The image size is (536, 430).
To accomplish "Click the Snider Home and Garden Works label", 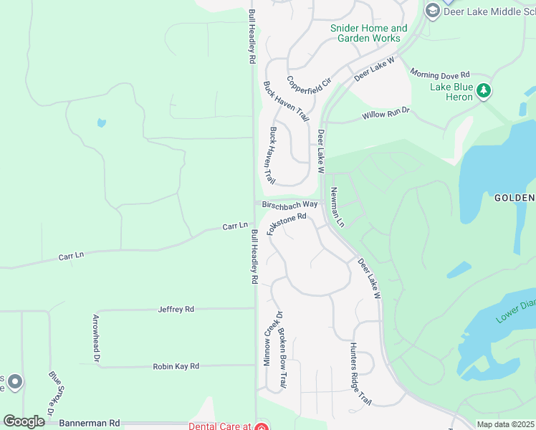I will click(x=368, y=33).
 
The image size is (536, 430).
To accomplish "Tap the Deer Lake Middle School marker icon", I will click(x=432, y=11).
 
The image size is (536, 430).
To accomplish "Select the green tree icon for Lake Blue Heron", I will click(x=484, y=90).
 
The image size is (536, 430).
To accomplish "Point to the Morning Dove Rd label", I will click(x=439, y=74).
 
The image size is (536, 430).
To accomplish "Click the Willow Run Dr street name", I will click(x=385, y=113).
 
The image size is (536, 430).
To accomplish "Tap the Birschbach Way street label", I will click(x=289, y=204).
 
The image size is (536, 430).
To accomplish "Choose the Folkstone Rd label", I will click(x=287, y=223).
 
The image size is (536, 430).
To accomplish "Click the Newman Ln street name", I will click(x=337, y=208).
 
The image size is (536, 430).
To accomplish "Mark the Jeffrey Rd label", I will click(x=176, y=310).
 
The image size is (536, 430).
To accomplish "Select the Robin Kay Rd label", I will click(x=176, y=366).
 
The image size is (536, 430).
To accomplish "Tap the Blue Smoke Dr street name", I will click(x=57, y=393).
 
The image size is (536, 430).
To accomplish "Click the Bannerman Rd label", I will click(x=90, y=424).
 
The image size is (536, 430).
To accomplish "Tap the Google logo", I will click(x=24, y=421).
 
